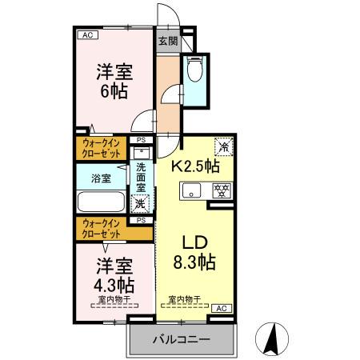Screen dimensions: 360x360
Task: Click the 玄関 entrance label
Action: coord(166,42)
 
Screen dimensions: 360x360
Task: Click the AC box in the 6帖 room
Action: coord(86,36)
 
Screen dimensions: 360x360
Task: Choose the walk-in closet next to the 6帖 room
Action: coord(101,148)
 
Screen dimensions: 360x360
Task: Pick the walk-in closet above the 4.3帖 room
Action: coord(101,228)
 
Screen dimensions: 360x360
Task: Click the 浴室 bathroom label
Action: coord(100,178)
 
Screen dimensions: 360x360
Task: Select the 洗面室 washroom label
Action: coord(141,178)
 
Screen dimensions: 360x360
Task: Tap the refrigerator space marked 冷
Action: coord(223,147)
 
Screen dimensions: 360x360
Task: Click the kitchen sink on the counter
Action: coord(193,190)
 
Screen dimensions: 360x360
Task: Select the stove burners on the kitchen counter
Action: coord(221,190)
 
